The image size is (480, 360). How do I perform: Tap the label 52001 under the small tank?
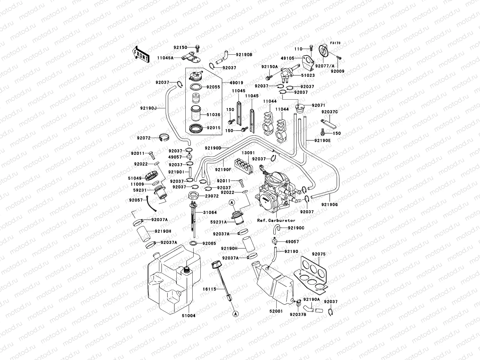point(276,311)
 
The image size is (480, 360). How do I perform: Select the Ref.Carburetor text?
point(276,220)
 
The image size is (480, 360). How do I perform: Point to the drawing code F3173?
point(335,43)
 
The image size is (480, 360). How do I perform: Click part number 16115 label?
point(209,289)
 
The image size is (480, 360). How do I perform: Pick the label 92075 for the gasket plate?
point(318,254)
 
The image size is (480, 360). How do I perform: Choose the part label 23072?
point(211,196)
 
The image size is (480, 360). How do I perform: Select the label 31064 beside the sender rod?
point(210,212)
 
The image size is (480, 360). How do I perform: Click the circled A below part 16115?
point(235,314)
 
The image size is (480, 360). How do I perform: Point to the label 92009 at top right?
point(337,71)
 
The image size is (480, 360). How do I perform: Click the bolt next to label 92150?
point(198,47)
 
